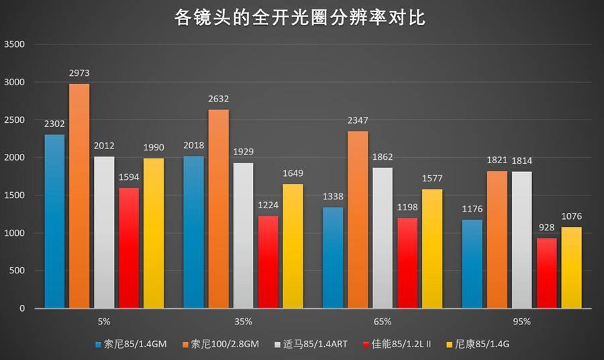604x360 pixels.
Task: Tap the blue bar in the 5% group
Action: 55,222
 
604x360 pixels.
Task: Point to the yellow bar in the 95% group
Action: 572,267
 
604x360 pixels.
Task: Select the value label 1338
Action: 333,197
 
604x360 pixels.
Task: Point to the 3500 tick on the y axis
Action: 14,45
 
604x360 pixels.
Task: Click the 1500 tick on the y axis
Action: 14,195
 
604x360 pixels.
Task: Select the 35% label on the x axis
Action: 242,322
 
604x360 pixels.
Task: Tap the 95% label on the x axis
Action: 521,322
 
